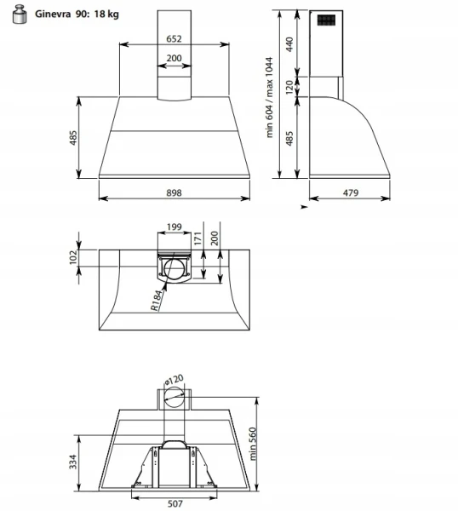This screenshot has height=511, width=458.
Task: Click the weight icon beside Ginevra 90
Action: (x=20, y=14)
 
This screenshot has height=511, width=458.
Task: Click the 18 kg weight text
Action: (x=106, y=14)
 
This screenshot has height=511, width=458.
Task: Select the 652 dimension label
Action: (x=174, y=39)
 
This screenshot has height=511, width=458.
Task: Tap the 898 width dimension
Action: (x=174, y=193)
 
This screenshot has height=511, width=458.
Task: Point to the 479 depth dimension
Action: (x=351, y=193)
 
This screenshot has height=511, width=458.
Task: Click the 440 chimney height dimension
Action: (x=289, y=44)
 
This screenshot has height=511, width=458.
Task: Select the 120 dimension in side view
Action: (x=289, y=88)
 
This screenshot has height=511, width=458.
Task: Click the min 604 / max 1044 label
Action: (x=269, y=97)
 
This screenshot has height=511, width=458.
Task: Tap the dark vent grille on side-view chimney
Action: (x=326, y=20)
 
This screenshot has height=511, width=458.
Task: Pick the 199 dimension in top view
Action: (x=174, y=227)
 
